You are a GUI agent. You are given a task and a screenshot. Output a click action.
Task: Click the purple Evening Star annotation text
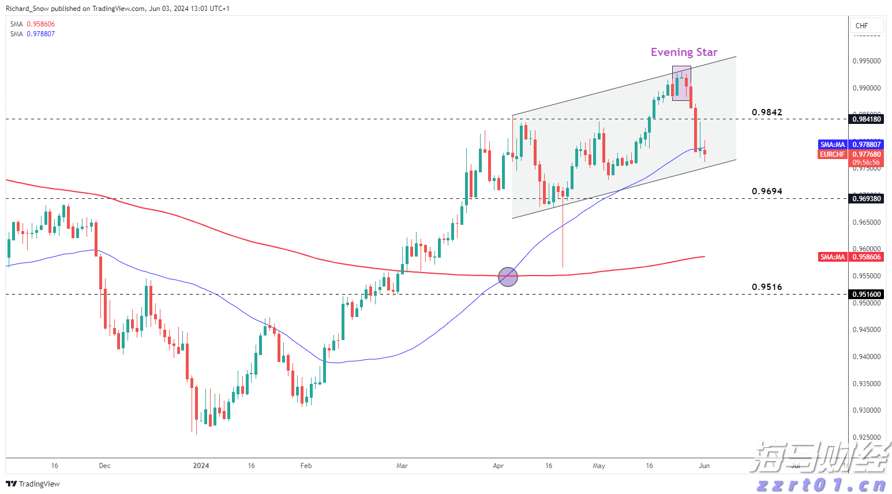coord(684,52)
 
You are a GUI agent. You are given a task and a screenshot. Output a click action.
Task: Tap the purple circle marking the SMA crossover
coord(508,277)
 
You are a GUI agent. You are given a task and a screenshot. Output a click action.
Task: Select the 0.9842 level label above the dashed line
coord(767,112)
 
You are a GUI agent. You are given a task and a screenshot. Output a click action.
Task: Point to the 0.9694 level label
coord(767,191)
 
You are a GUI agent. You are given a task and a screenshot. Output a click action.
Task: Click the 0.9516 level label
coord(767,286)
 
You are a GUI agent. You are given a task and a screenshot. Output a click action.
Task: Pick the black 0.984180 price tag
coord(867,119)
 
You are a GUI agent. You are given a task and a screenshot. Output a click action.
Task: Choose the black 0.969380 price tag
coord(867,198)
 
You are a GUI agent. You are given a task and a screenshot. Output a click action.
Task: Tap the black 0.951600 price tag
coord(867,294)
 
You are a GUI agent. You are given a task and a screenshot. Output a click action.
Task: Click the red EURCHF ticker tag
coord(832,154)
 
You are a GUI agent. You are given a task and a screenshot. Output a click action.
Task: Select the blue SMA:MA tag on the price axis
coord(833,145)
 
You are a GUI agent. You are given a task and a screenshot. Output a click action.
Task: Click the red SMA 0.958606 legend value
coord(40,24)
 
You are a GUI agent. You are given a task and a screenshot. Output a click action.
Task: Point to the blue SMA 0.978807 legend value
coord(40,34)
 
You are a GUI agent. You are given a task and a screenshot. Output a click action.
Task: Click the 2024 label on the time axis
coord(201,466)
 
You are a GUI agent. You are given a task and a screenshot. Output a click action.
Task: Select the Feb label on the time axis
coord(306,466)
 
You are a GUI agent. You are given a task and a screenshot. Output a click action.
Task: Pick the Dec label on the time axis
coord(104,466)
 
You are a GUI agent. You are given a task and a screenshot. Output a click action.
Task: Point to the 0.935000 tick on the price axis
coord(867,383)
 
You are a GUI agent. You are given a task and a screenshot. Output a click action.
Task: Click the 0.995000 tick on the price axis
coord(867,61)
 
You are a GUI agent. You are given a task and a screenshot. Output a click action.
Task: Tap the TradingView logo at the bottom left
coord(33,484)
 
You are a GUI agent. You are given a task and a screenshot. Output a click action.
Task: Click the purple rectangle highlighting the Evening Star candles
coord(681,83)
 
